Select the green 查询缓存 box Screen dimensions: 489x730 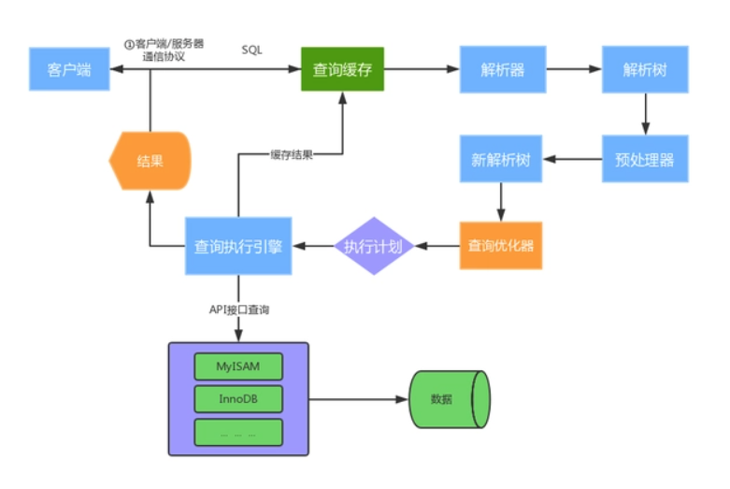click(343, 70)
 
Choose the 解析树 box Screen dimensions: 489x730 click(645, 70)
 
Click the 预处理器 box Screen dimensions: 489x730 click(645, 159)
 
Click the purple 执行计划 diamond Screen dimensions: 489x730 click(373, 247)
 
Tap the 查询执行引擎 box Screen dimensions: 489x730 click(238, 247)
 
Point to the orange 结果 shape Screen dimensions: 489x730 click(150, 160)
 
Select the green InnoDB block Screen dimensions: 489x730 click(237, 399)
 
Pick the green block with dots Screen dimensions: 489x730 click(237, 432)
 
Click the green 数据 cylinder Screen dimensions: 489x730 click(449, 399)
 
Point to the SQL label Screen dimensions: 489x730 click(252, 49)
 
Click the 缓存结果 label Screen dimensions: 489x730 click(290, 154)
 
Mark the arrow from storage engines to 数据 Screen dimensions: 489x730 click(360, 399)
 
